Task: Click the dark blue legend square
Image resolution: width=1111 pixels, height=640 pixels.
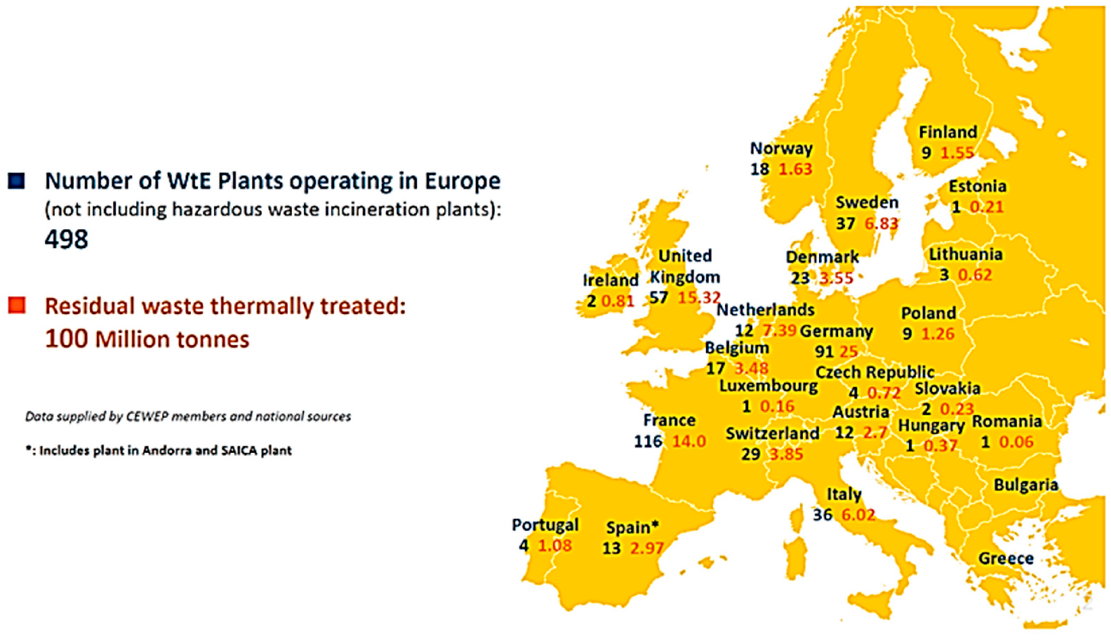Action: (16, 180)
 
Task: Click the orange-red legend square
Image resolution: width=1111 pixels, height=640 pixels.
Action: (16, 305)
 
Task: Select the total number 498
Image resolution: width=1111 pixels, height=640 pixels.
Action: (66, 240)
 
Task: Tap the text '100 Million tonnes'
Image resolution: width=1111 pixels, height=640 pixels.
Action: (147, 339)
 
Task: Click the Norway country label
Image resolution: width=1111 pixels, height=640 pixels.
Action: (781, 149)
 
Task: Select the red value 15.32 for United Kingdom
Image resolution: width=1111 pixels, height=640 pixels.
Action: (699, 298)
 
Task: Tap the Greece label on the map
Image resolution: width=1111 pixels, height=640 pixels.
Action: (1006, 559)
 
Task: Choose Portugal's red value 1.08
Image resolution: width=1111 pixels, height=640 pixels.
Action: (555, 545)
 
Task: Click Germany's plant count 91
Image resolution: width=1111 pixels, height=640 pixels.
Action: (824, 351)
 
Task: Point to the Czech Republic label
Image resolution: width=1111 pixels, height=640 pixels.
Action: (875, 372)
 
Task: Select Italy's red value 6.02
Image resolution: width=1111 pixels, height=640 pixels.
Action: (858, 515)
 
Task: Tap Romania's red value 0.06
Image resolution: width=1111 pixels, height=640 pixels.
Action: (1016, 442)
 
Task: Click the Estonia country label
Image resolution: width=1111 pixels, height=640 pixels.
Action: (977, 186)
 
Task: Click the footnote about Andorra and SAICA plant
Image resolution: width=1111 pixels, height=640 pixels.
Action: (159, 450)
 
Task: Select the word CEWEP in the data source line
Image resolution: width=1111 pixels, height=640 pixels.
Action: (144, 416)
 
